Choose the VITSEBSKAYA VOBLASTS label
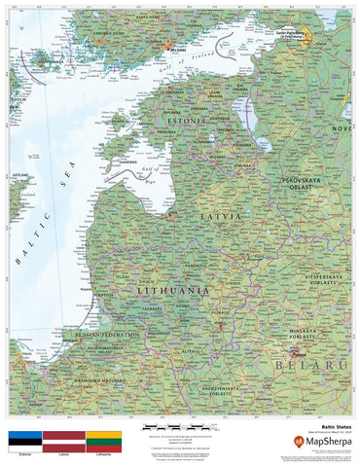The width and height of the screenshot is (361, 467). point(312,280)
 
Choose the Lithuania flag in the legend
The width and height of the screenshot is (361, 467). point(103,439)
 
